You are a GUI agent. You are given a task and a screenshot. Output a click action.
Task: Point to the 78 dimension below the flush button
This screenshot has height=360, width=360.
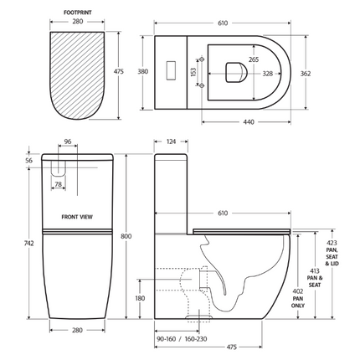[x=58, y=183]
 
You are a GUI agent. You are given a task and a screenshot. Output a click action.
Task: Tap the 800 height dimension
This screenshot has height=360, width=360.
[x=126, y=236]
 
